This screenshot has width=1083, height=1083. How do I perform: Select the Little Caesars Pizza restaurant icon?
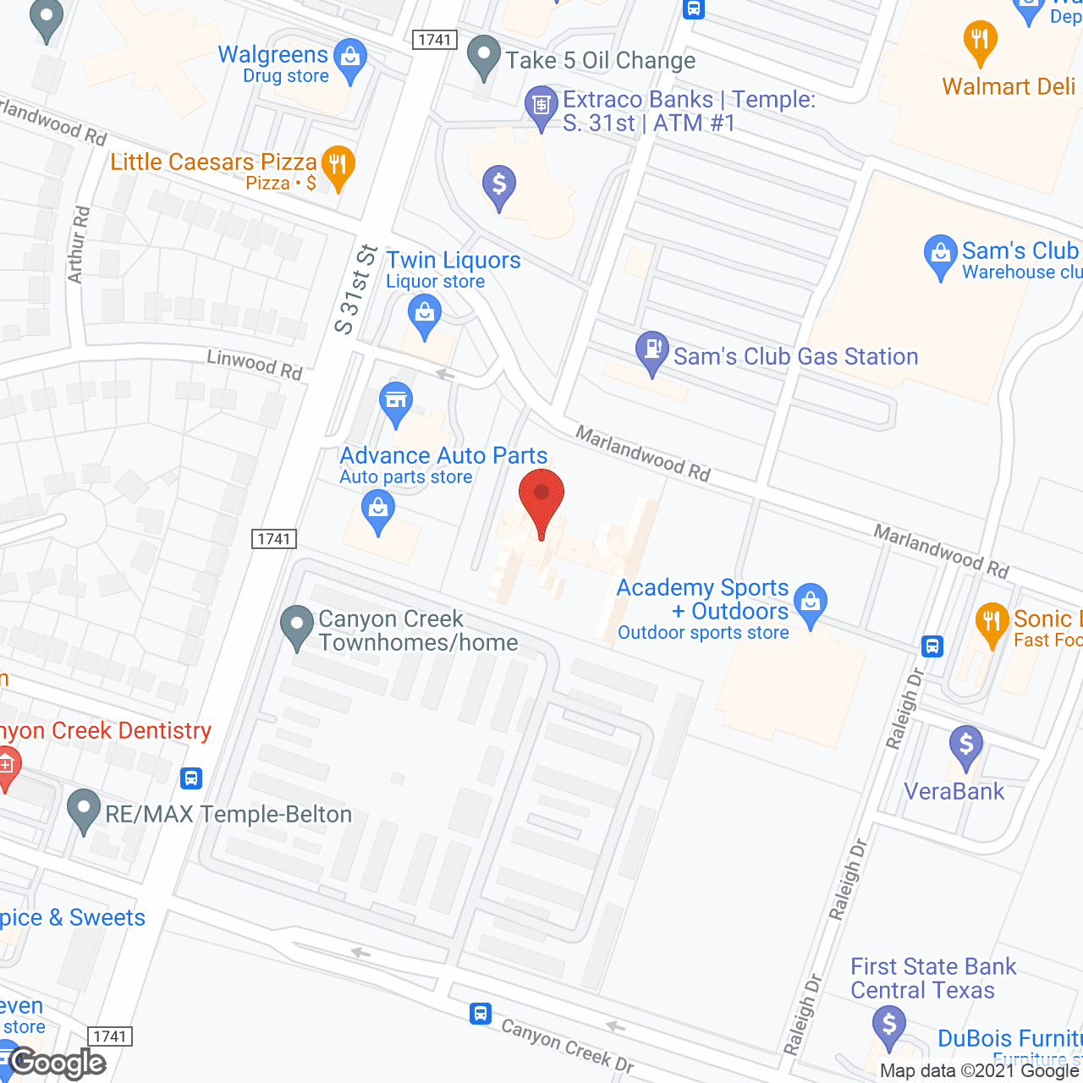tap(338, 168)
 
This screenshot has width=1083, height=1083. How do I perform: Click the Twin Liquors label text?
tap(453, 261)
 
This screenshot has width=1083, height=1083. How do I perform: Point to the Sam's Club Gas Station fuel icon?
tap(651, 352)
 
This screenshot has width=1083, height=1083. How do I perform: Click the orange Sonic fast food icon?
tap(992, 624)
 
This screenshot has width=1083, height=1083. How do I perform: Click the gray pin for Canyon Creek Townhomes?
tap(297, 627)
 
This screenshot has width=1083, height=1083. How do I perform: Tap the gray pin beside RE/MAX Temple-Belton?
tap(83, 810)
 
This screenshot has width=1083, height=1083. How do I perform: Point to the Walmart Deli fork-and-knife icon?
tap(980, 42)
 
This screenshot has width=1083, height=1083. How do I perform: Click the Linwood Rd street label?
tap(255, 365)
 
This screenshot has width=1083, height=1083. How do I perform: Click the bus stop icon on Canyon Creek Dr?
tap(481, 1013)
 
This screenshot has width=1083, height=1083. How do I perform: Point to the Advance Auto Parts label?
tap(443, 456)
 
